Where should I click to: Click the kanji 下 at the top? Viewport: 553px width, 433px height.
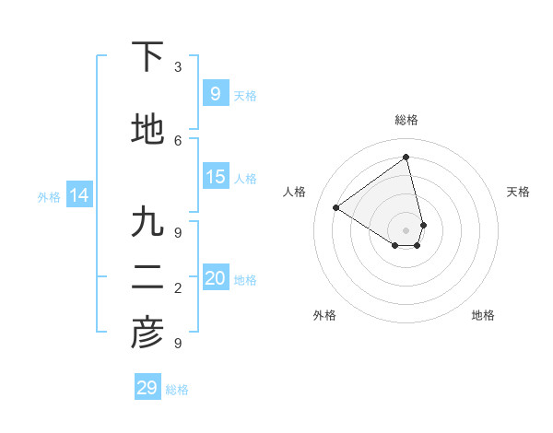click(147, 57)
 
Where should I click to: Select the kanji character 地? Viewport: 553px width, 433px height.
click(147, 130)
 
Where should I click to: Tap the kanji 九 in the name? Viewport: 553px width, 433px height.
click(147, 222)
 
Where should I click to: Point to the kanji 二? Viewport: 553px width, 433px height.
click(147, 277)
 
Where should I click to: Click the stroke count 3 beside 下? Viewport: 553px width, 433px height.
click(178, 67)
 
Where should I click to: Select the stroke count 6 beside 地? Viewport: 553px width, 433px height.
click(178, 140)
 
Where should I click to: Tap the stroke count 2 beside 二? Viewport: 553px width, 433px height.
click(178, 288)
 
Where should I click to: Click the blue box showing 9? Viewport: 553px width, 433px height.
click(215, 93)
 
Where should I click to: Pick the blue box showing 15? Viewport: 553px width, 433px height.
click(215, 177)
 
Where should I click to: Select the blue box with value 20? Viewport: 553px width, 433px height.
click(215, 278)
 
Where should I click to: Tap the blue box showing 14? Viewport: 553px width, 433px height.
click(79, 195)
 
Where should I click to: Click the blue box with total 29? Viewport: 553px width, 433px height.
click(147, 387)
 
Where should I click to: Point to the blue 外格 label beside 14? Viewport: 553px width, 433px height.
click(49, 196)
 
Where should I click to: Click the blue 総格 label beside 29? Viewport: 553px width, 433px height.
click(177, 390)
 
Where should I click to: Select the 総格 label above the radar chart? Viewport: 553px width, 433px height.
click(406, 120)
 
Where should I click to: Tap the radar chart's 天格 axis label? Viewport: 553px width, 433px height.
click(518, 192)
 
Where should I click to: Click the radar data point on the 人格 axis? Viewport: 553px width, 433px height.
click(336, 207)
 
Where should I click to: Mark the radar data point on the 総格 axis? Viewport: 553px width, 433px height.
click(406, 157)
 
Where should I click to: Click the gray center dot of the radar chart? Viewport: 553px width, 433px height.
click(406, 229)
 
